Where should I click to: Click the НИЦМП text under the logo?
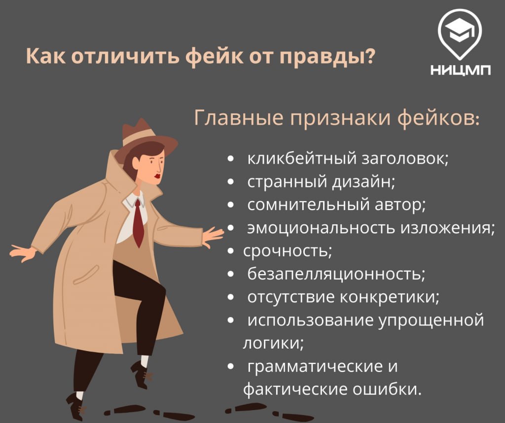[x=461, y=70]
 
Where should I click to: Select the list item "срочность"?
[x=287, y=251]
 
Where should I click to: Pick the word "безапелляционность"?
[x=335, y=274]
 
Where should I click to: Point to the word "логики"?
[x=272, y=343]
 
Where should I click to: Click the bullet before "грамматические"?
[x=230, y=367]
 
